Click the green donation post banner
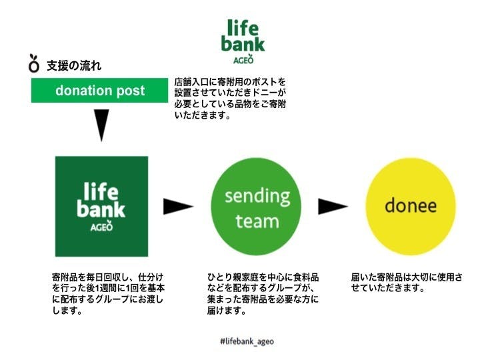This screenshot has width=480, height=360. click(99, 91)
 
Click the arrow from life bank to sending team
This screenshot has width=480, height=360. click(178, 206)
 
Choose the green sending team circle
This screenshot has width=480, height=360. click(257, 207)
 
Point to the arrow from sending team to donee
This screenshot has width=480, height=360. click(333, 206)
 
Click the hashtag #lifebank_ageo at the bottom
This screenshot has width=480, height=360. click(246, 341)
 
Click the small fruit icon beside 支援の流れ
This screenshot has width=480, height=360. click(34, 63)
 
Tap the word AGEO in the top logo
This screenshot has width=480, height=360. click(244, 59)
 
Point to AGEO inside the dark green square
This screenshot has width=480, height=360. click(101, 226)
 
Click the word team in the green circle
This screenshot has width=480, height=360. click(257, 220)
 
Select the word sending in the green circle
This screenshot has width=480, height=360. click(257, 197)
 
